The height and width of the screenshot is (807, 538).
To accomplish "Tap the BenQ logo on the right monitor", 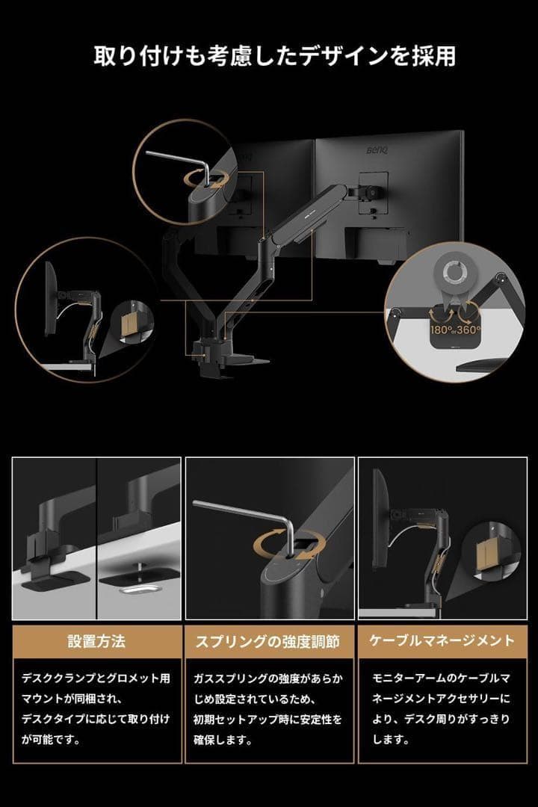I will pos(377,152).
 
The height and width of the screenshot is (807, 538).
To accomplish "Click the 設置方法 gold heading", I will pos(96,641).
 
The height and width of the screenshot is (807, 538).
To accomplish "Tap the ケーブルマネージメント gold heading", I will pos(442,641).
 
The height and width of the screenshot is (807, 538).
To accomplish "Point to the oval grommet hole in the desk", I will pos(136,589).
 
